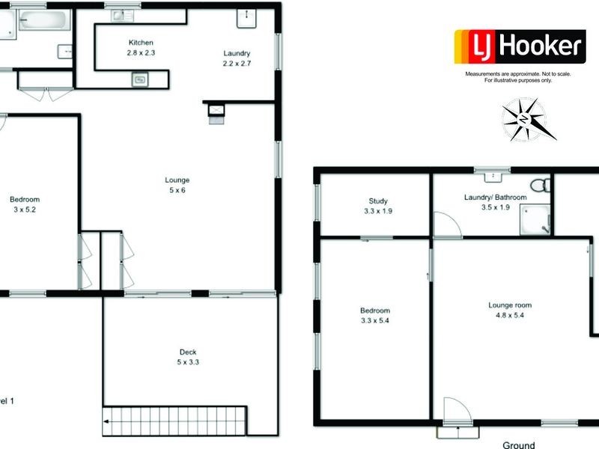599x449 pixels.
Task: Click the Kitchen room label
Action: tap(141, 43)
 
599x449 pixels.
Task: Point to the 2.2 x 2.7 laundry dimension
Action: tap(237, 64)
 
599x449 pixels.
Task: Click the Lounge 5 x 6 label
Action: tap(177, 185)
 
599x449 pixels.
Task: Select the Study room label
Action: tap(377, 201)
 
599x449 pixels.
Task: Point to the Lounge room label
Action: tap(510, 305)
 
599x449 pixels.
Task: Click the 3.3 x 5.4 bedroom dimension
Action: tap(375, 321)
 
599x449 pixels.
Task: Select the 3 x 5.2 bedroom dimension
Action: tap(25, 210)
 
